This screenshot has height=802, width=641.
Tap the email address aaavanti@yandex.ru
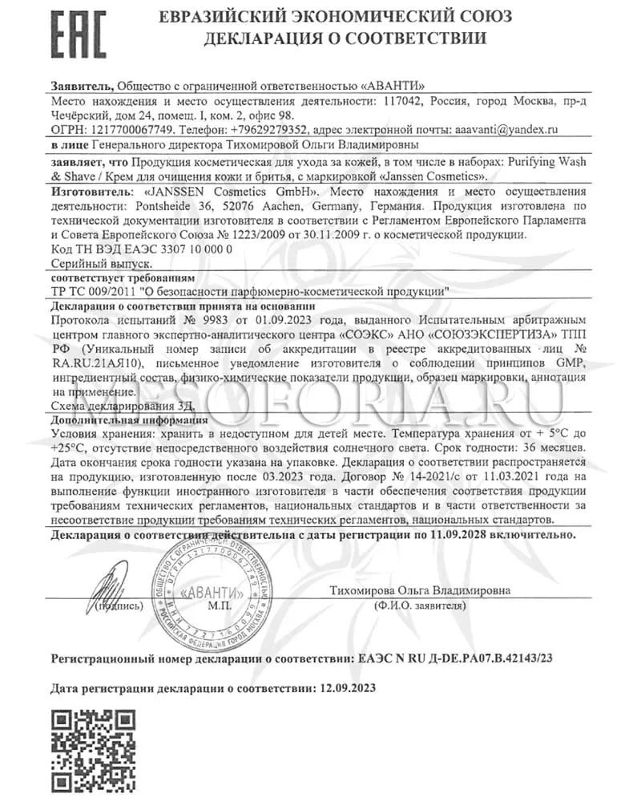pos(506,129)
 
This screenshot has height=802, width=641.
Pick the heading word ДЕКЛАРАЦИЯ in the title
pos(268,38)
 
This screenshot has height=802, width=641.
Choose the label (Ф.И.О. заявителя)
pos(419,606)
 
